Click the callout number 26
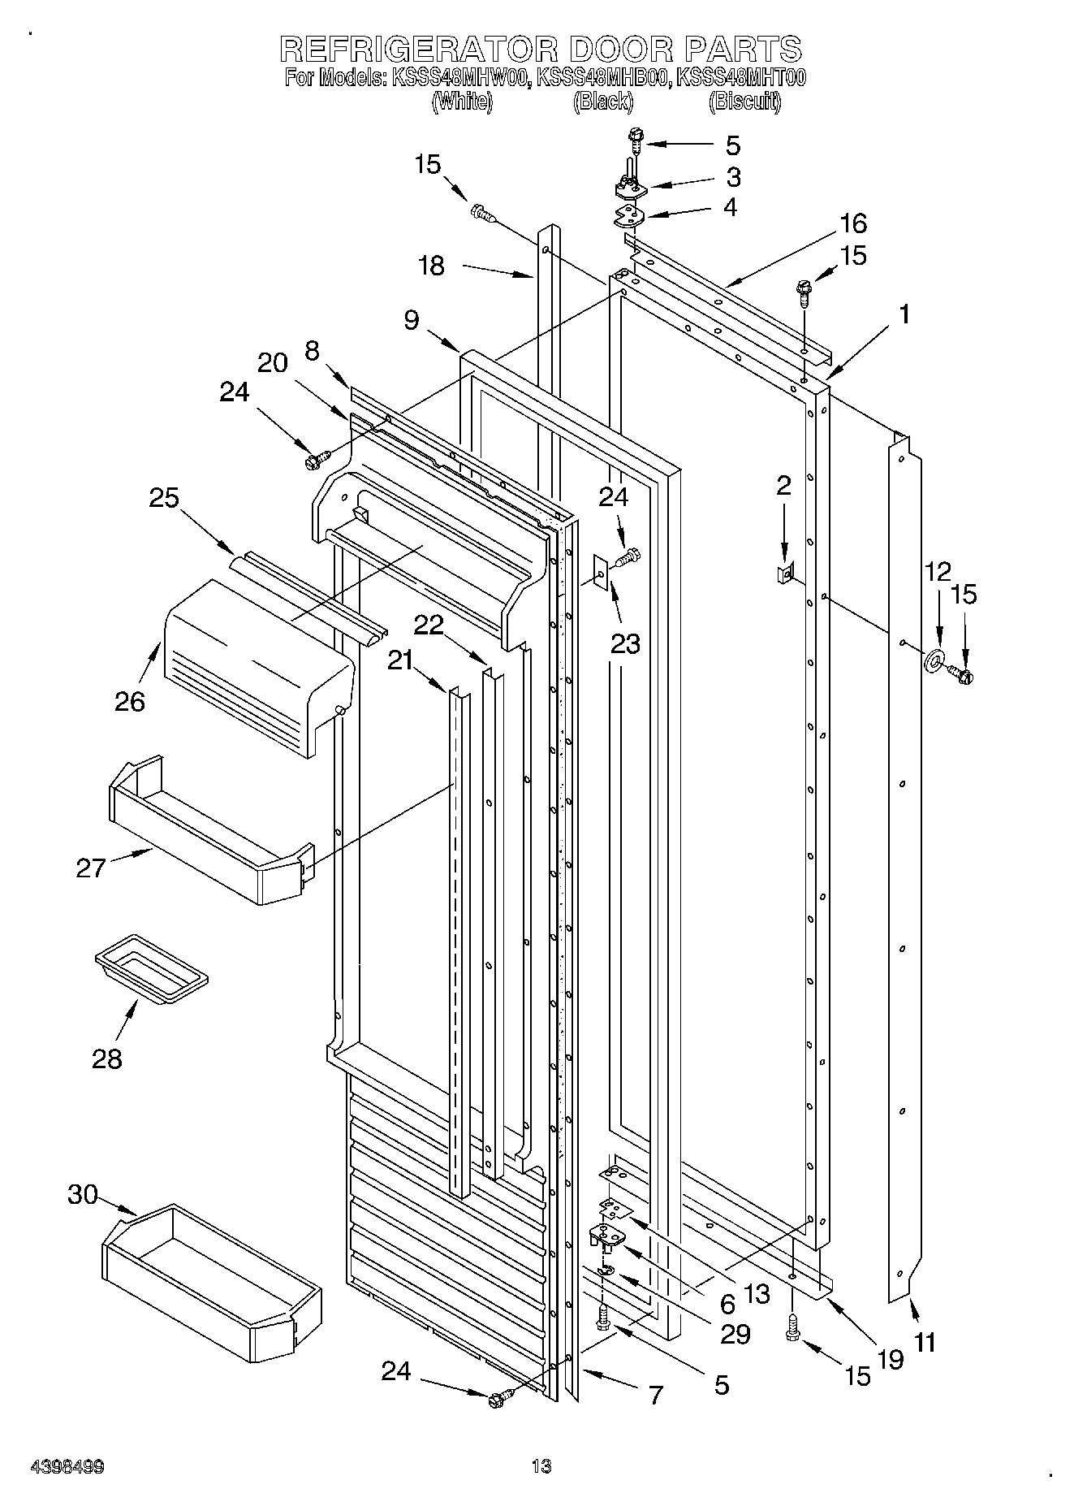[130, 701]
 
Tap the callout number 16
[852, 223]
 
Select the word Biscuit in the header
[744, 102]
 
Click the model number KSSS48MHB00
[603, 79]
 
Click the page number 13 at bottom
[541, 1466]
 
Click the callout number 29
[735, 1333]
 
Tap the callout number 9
[412, 320]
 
